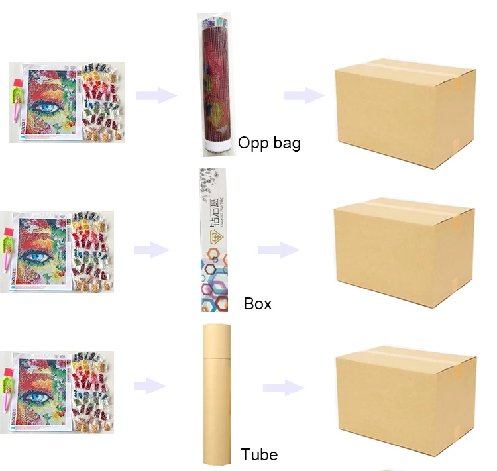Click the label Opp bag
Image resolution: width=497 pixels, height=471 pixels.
point(269,142)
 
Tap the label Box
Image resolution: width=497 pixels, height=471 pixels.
point(258,304)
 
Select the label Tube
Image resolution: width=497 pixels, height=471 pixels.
point(259,455)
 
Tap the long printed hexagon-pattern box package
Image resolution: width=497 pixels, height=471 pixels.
point(213,240)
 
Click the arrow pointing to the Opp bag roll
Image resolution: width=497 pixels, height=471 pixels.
point(156,96)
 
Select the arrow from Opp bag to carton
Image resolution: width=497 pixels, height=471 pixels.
point(304,96)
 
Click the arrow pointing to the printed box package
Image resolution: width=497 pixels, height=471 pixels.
point(152,250)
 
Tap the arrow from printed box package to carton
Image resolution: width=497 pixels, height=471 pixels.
point(278,250)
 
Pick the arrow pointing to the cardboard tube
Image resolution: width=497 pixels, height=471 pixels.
point(152,386)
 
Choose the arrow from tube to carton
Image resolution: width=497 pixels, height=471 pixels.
point(283,388)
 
